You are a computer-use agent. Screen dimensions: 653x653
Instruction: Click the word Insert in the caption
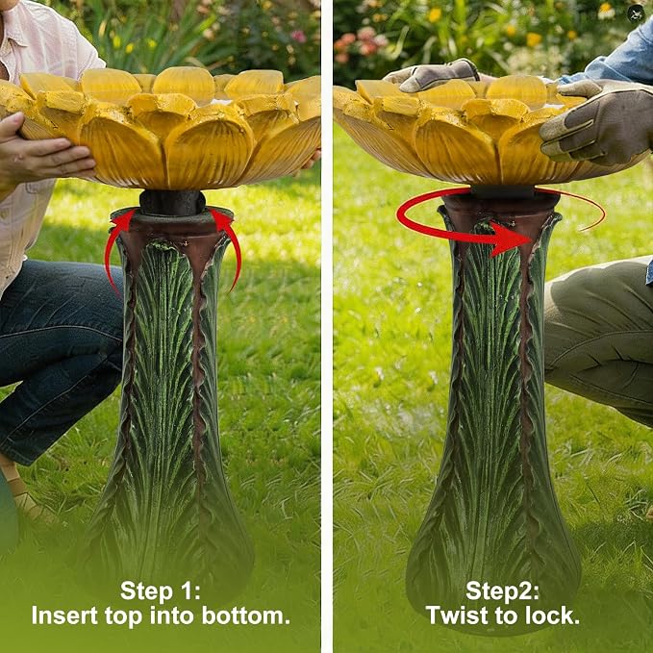click(x=65, y=615)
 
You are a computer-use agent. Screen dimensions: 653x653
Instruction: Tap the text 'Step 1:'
click(x=161, y=590)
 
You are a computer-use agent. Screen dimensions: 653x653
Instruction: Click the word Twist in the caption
click(x=454, y=615)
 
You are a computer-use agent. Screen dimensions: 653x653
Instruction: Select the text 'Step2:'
click(x=502, y=590)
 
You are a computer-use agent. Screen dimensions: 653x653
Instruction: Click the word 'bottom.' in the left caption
click(x=246, y=615)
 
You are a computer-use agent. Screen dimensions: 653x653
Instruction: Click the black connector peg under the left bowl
click(x=172, y=202)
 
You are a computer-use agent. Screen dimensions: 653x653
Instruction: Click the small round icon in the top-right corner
click(x=636, y=13)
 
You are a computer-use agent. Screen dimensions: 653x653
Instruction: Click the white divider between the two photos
click(x=327, y=327)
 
